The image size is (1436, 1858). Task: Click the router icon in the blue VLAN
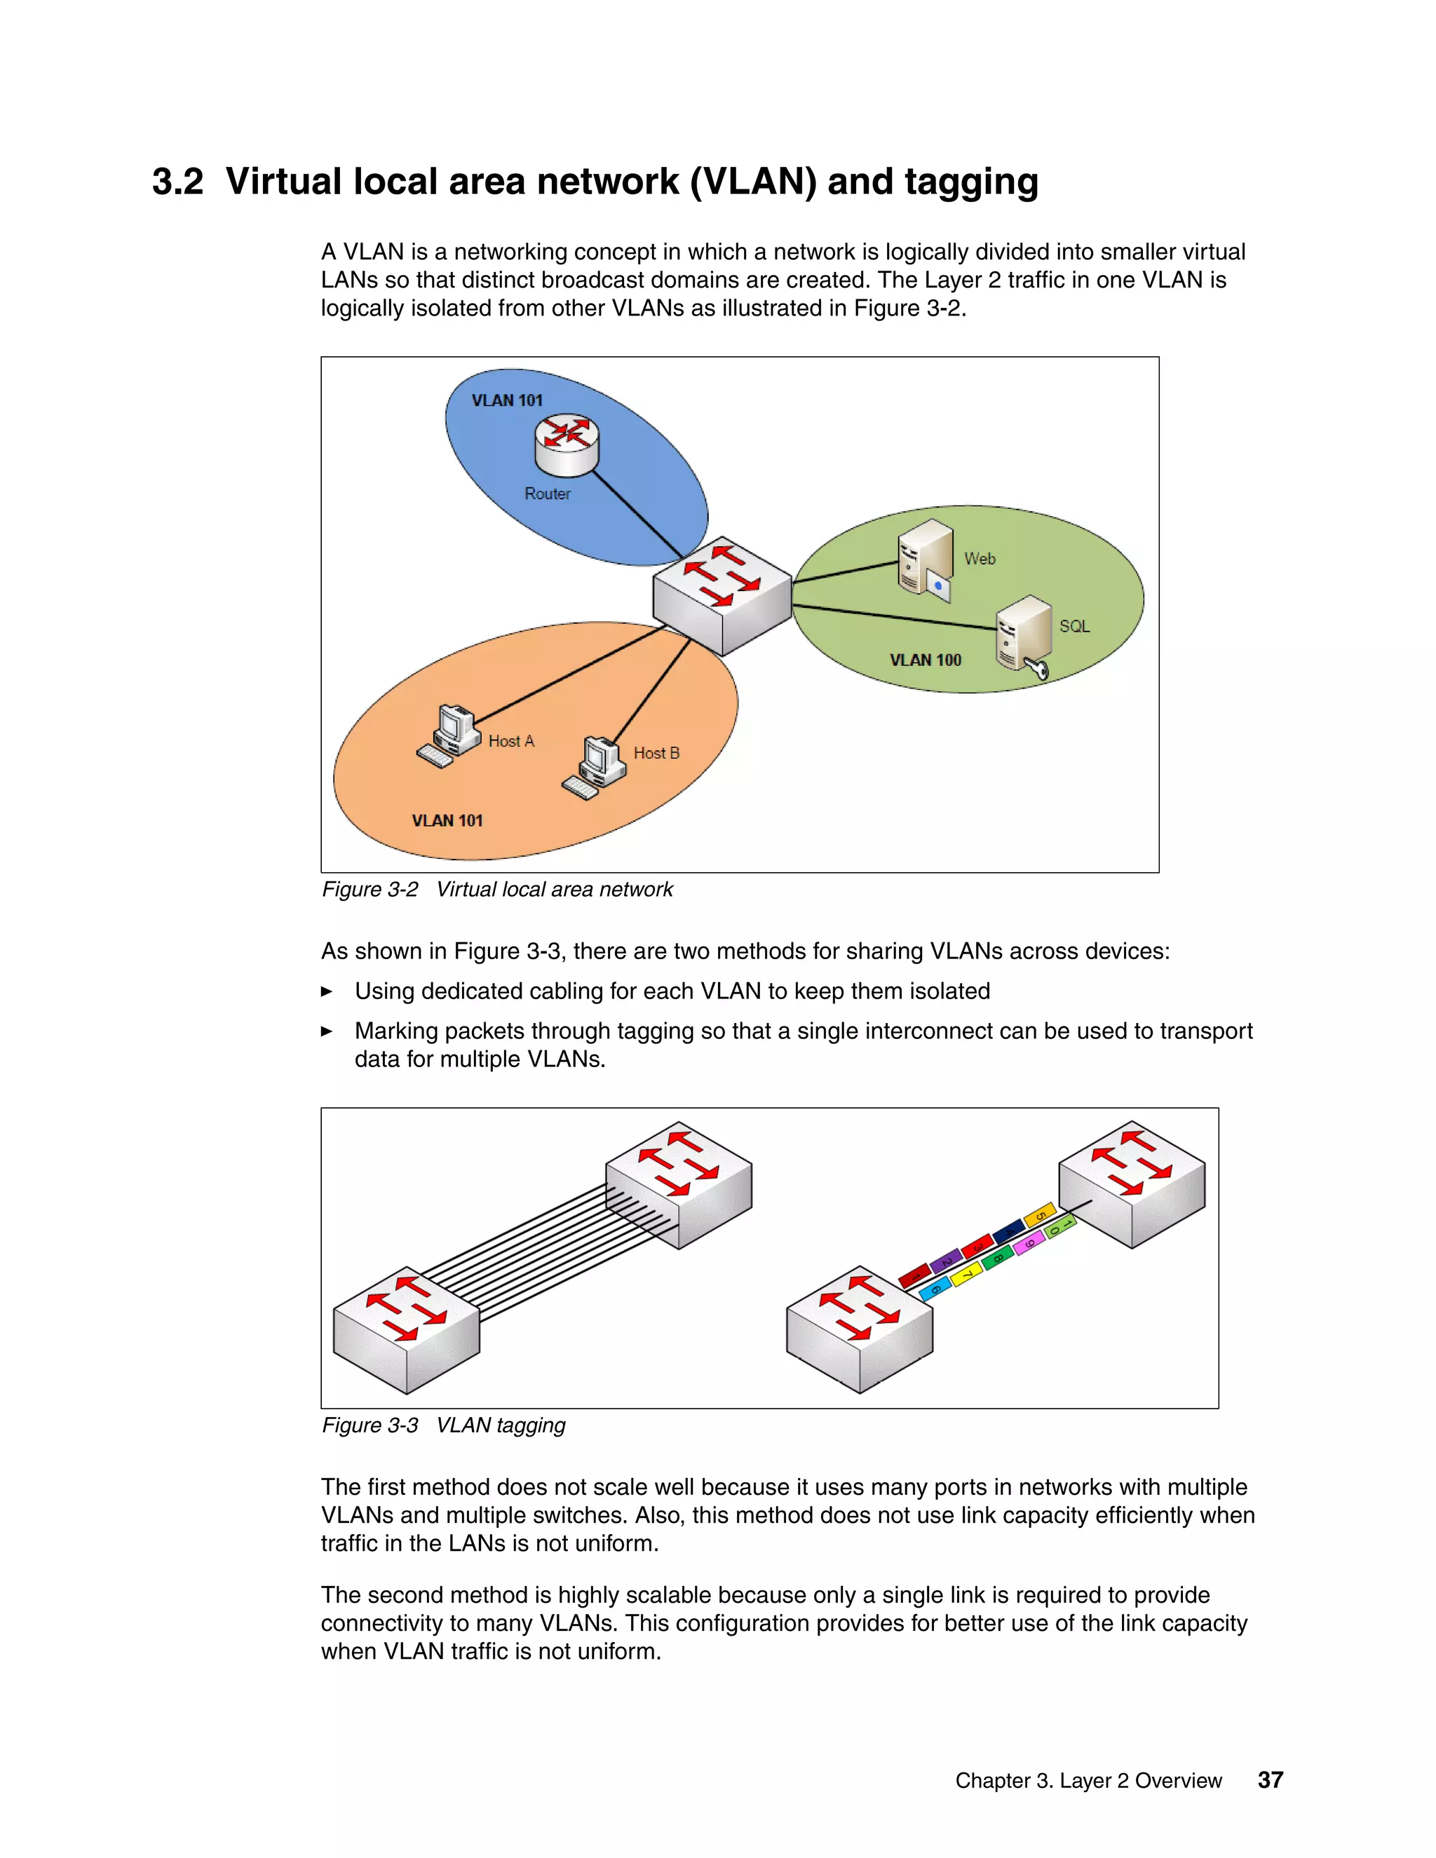(567, 444)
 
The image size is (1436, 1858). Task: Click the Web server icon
(926, 559)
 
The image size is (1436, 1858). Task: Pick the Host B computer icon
(595, 766)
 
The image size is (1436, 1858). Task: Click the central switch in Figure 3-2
(722, 595)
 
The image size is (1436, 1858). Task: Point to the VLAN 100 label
(925, 660)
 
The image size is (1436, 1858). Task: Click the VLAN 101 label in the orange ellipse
(447, 820)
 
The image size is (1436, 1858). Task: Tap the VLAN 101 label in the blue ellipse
(507, 400)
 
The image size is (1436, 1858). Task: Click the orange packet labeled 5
(1040, 1215)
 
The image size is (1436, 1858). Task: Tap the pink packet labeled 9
(1029, 1244)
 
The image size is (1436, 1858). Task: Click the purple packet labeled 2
(946, 1261)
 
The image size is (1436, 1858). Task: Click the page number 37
(1270, 1779)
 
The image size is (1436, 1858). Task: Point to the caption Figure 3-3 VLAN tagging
(443, 1425)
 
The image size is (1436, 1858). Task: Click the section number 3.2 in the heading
(178, 181)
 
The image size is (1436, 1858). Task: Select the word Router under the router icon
(547, 494)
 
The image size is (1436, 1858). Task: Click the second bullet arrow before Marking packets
(327, 1031)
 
